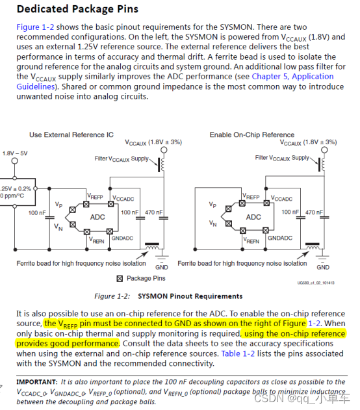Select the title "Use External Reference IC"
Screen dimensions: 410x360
71,135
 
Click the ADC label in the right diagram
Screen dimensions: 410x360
254,216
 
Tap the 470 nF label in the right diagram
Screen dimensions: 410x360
316,212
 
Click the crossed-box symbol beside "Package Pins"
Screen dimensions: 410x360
119,279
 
